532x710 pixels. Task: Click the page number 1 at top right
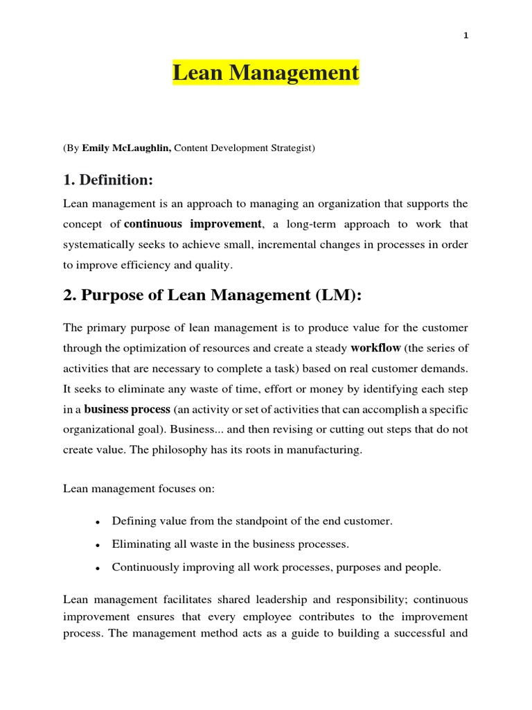tap(466, 36)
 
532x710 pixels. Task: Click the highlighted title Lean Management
tap(266, 73)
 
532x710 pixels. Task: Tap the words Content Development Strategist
tap(244, 148)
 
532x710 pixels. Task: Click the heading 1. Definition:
tap(107, 180)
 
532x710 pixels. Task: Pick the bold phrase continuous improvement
tap(193, 224)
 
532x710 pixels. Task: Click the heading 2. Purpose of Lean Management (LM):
tap(213, 295)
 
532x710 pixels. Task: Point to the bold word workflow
tap(375, 347)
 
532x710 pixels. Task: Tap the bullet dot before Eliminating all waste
tap(98, 545)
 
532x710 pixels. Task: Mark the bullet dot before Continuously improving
tap(98, 568)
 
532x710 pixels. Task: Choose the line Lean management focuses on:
tap(139, 489)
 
